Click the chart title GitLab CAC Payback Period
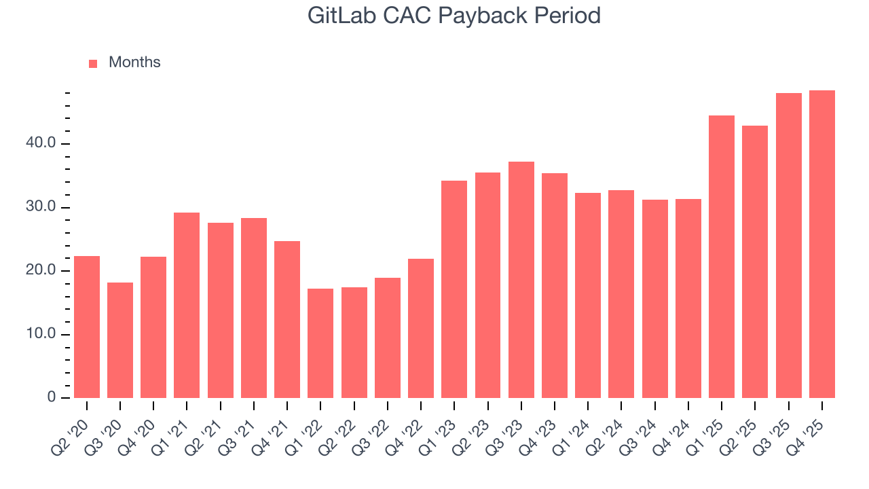(x=454, y=15)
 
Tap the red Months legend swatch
(x=93, y=63)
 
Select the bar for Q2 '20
(x=87, y=327)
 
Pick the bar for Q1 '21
(x=187, y=305)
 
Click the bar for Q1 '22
(x=320, y=343)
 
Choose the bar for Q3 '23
(x=521, y=279)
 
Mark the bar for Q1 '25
(x=722, y=256)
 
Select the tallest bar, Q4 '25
(x=822, y=244)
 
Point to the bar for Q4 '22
(x=421, y=328)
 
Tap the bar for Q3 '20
(x=120, y=340)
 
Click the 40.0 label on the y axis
(x=42, y=143)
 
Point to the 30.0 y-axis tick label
(x=42, y=207)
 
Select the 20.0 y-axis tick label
(x=42, y=270)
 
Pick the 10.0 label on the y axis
(x=42, y=334)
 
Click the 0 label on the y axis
(x=52, y=397)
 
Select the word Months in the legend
(x=134, y=62)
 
